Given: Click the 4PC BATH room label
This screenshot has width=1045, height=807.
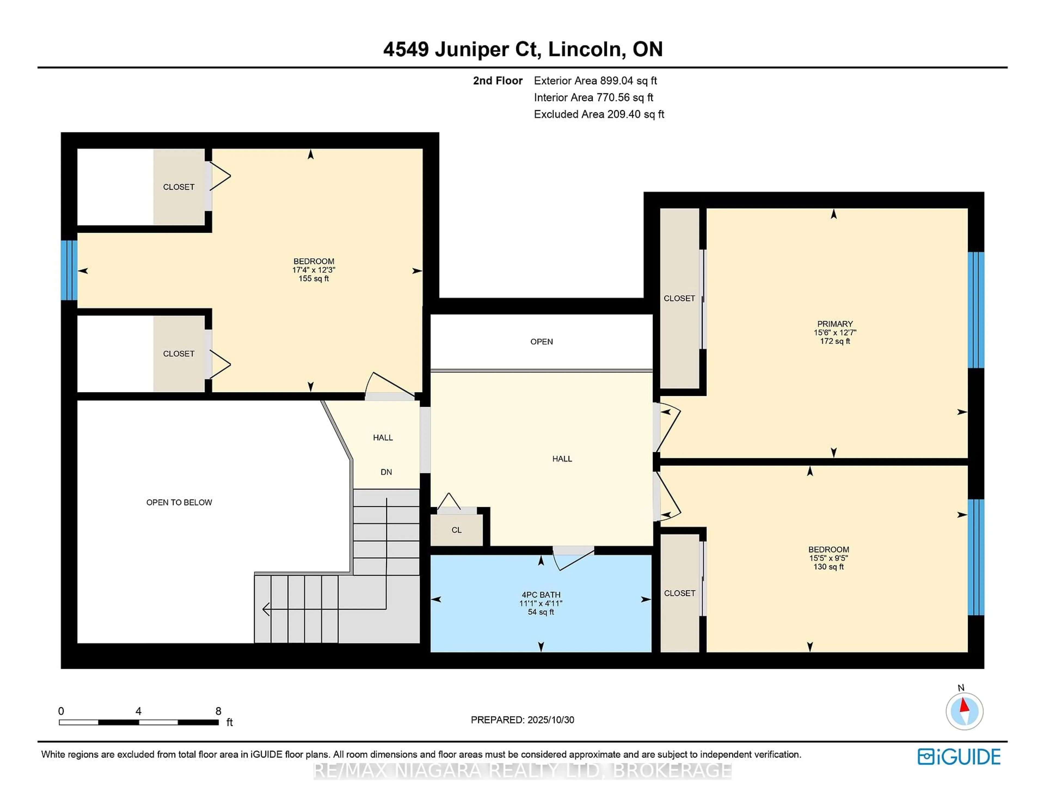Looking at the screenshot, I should click(541, 595).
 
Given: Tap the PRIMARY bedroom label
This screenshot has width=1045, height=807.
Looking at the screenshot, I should click(834, 324).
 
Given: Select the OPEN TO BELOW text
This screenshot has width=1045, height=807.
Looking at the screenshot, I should click(179, 502).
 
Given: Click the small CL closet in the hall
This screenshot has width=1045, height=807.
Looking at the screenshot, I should click(456, 530).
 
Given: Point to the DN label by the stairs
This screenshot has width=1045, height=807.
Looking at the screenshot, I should click(386, 472).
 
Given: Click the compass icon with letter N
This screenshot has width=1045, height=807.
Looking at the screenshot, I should click(964, 711).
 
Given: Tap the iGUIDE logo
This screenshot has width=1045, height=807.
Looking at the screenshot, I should click(959, 757).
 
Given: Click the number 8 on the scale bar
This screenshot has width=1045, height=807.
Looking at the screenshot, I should click(218, 711).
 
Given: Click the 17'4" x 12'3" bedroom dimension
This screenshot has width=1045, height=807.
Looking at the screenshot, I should click(313, 270).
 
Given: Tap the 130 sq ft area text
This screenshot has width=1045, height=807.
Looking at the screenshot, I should click(828, 567).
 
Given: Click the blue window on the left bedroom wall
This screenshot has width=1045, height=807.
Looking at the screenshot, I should click(69, 270).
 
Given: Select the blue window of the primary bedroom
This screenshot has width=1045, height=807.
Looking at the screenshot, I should click(976, 310).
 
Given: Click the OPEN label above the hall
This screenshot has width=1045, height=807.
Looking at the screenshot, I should click(541, 341).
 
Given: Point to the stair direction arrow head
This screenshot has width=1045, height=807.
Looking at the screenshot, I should click(266, 609).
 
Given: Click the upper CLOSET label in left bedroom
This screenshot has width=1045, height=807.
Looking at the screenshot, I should click(179, 187).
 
